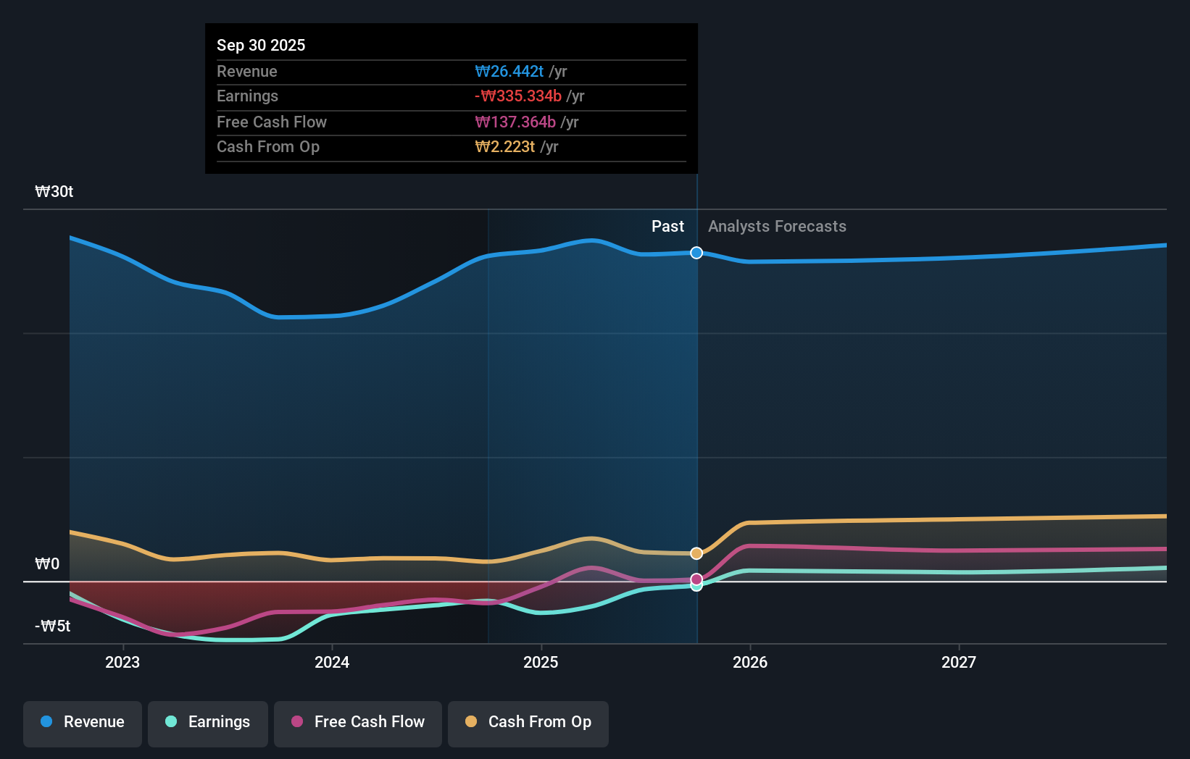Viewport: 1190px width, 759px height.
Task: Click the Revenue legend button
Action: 83,723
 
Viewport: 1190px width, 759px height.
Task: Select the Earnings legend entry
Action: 208,723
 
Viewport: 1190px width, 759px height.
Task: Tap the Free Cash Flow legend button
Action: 358,723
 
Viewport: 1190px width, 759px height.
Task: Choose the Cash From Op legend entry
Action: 528,723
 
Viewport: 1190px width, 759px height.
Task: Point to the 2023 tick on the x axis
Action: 122,662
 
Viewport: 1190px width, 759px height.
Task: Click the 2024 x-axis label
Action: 332,662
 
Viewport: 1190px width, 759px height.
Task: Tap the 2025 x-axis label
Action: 541,662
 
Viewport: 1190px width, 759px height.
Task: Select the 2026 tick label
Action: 750,662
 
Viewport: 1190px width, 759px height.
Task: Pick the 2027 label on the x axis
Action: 959,662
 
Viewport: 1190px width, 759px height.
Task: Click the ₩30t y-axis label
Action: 54,192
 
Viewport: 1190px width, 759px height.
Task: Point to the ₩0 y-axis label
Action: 47,564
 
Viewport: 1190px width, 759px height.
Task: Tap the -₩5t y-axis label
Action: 53,626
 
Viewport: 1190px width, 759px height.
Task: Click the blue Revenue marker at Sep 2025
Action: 696,253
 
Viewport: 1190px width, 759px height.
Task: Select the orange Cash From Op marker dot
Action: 696,553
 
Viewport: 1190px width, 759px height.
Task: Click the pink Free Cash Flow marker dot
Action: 696,579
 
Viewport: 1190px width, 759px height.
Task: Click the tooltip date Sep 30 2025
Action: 261,45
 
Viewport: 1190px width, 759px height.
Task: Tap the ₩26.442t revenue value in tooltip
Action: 509,71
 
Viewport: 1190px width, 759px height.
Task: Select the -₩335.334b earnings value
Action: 518,96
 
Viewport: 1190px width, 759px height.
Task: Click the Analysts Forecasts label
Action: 777,227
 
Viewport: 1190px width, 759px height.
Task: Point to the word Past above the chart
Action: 667,227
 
